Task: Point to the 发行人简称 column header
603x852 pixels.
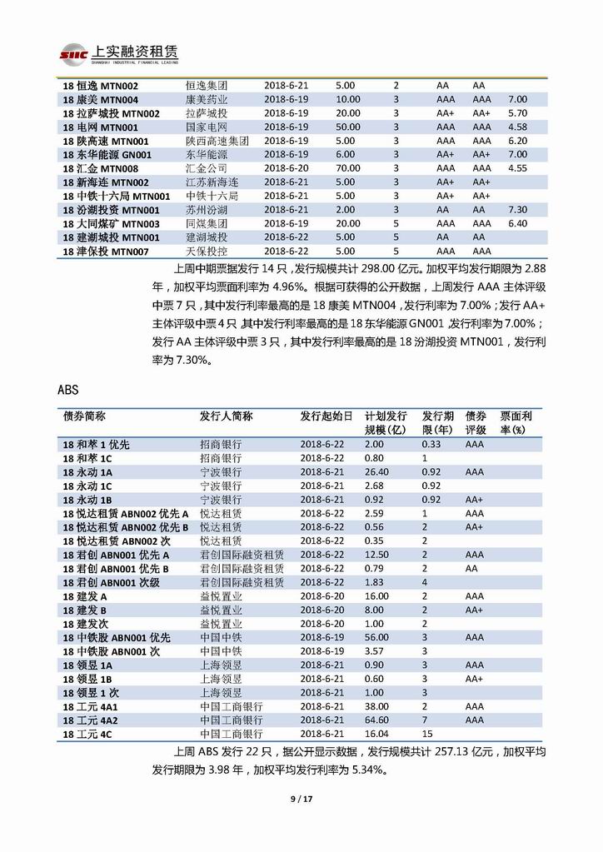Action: point(226,416)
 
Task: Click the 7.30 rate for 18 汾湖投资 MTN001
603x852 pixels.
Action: point(517,209)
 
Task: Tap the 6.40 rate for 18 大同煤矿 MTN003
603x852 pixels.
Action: point(517,223)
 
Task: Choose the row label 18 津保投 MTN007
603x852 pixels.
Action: point(106,251)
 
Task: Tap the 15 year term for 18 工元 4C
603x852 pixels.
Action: point(427,734)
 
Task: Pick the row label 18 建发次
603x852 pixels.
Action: point(86,623)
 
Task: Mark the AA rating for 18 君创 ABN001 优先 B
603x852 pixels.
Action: point(471,568)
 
